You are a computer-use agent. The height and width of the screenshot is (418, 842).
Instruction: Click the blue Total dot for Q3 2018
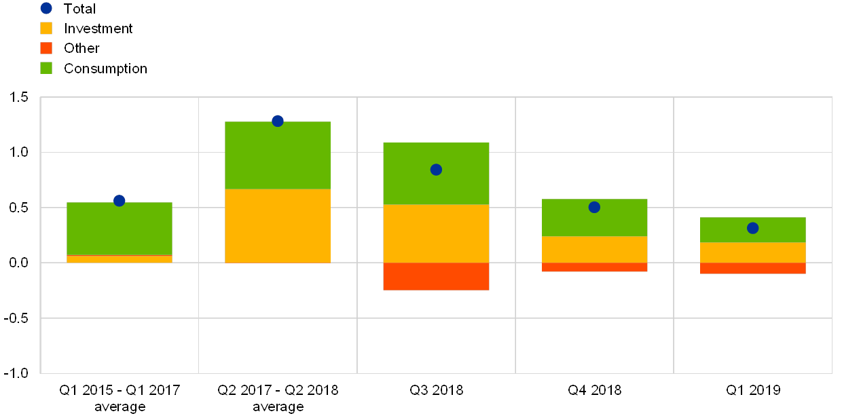coord(436,170)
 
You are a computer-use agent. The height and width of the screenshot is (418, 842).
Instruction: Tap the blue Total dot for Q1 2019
coord(752,228)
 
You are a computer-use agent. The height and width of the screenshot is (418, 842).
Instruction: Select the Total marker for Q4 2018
coord(594,207)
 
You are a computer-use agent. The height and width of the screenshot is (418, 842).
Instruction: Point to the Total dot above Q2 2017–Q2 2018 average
coord(277,121)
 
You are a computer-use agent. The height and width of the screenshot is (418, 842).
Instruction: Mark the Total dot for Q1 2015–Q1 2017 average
coord(120,200)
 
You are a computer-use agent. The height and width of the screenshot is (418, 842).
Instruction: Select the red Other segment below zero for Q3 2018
coord(436,276)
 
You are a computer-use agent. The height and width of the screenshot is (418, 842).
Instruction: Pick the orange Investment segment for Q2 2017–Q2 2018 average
coord(277,226)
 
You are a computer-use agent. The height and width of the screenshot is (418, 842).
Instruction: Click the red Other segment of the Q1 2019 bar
coord(752,269)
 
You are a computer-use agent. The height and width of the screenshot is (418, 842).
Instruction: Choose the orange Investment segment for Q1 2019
coord(752,252)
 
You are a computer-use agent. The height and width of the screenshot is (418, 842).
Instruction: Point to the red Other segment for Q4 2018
coord(594,267)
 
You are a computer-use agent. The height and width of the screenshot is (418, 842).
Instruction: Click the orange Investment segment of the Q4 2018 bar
coord(594,250)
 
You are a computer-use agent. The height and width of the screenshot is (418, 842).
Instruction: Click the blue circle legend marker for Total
coord(46,8)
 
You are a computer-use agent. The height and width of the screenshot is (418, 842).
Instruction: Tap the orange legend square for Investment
coord(46,28)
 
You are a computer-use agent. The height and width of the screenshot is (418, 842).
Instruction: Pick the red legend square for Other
coord(46,48)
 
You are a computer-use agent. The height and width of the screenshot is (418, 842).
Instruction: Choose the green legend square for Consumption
coord(46,68)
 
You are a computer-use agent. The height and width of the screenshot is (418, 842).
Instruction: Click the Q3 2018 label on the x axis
coord(436,390)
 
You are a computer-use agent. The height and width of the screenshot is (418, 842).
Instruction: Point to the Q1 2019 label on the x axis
coord(752,390)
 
